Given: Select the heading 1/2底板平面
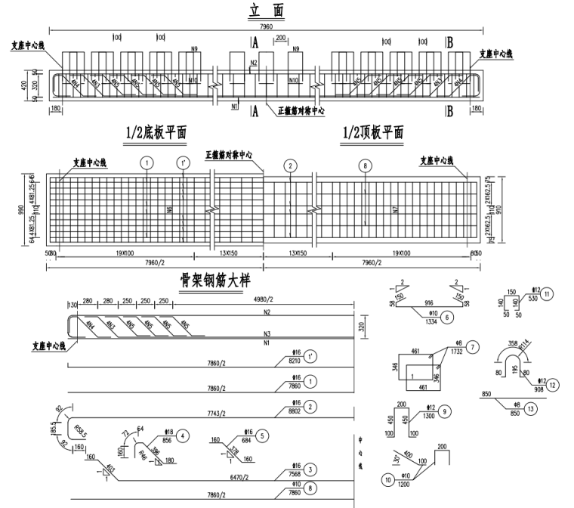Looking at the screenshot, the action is click(156, 133).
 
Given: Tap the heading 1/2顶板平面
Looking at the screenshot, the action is click(373, 133).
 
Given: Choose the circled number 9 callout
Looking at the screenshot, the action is click(446, 411).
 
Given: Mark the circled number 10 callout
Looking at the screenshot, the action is click(388, 479).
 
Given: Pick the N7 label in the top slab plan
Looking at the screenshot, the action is click(394, 208).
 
